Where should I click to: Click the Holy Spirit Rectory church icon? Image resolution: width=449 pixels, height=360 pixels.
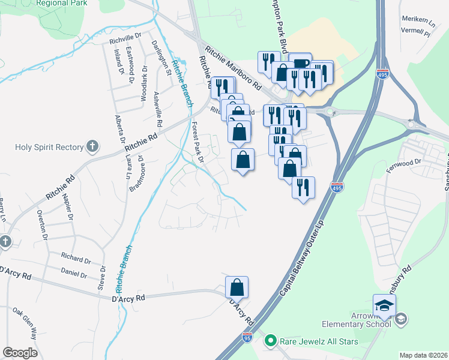(92, 146)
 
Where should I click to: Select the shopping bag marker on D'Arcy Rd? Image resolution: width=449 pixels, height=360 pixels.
(237, 287)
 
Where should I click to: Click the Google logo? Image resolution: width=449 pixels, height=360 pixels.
(20, 353)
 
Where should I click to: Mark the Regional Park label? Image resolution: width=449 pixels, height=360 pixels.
(59, 3)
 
